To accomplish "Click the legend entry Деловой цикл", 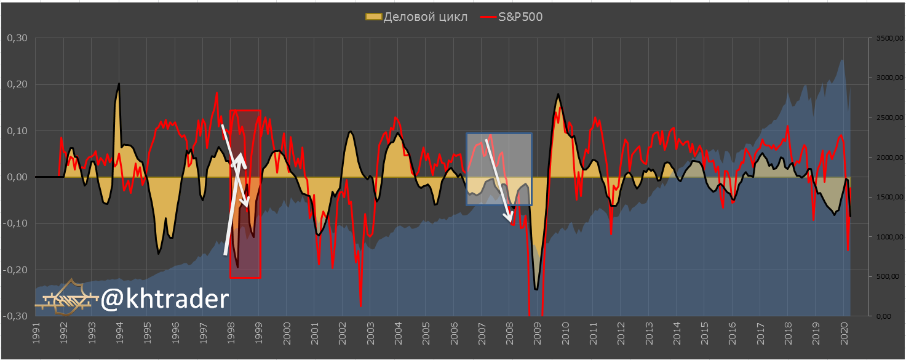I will coord(416,17).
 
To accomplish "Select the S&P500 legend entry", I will coord(514,17).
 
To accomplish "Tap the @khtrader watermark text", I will coord(164,300).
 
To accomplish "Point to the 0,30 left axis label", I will coord(17,38).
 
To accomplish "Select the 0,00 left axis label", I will coord(17,177).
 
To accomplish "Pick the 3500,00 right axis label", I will coord(886,38).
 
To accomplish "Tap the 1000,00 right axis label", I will coord(886,237).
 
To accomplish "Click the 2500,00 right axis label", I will coord(886,118).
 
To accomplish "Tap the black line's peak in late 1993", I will coord(119,84).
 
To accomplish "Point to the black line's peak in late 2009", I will coord(558,94).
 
